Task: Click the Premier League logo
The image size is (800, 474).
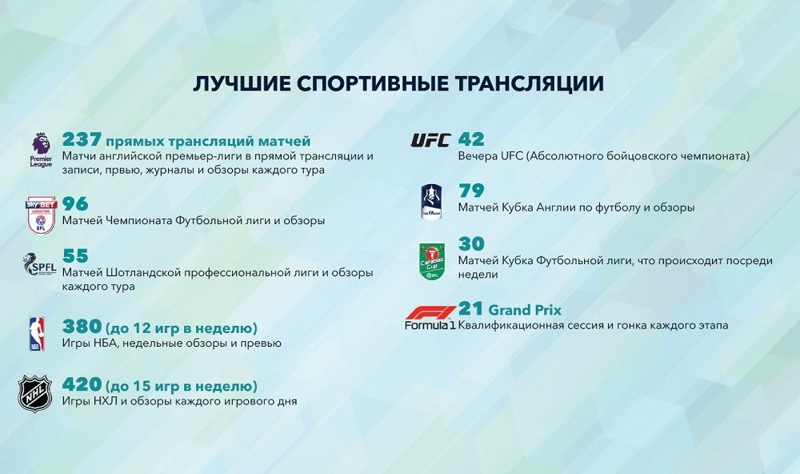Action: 41,150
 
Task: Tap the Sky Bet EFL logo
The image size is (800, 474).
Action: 42,215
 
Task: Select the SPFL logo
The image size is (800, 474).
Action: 39,264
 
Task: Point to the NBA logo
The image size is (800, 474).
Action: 37,334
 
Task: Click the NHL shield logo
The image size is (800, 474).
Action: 35,394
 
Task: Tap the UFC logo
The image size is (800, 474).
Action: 431,140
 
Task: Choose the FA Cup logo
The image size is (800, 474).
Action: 431,203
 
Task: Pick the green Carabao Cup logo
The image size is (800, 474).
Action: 432,261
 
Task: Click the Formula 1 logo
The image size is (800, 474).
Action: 430,318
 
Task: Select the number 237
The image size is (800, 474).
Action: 82,139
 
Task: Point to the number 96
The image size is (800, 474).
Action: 75,204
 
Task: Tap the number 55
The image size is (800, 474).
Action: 75,256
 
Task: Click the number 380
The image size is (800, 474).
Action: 82,327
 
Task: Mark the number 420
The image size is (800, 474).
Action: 82,384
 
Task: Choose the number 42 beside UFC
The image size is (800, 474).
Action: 471,139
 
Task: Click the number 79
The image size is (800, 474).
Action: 471,191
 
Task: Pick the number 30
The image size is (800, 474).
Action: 471,243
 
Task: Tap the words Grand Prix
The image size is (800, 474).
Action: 525,310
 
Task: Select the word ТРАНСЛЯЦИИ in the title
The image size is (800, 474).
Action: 529,84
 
